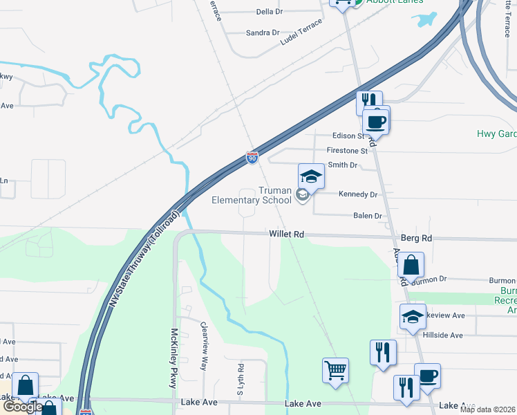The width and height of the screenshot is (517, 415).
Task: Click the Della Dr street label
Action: tap(270, 12)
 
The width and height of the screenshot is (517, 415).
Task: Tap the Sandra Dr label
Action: tap(262, 33)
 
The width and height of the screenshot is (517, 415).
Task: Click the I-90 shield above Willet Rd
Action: tap(252, 158)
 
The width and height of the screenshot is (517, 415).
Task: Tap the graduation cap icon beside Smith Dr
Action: tap(311, 177)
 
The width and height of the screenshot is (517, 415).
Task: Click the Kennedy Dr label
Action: tap(358, 194)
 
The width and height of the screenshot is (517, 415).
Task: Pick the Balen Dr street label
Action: tap(368, 216)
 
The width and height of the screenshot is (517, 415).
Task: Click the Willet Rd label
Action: tap(287, 235)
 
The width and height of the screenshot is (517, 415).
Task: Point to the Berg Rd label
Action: tap(416, 238)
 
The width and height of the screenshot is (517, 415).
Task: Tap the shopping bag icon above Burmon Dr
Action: tap(411, 264)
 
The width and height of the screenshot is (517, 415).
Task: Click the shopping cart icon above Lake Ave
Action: tap(335, 370)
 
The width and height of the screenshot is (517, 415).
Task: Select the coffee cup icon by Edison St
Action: tap(377, 120)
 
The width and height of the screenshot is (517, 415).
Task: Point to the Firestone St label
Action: tap(347, 150)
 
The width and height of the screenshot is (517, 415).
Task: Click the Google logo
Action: tap(22, 407)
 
